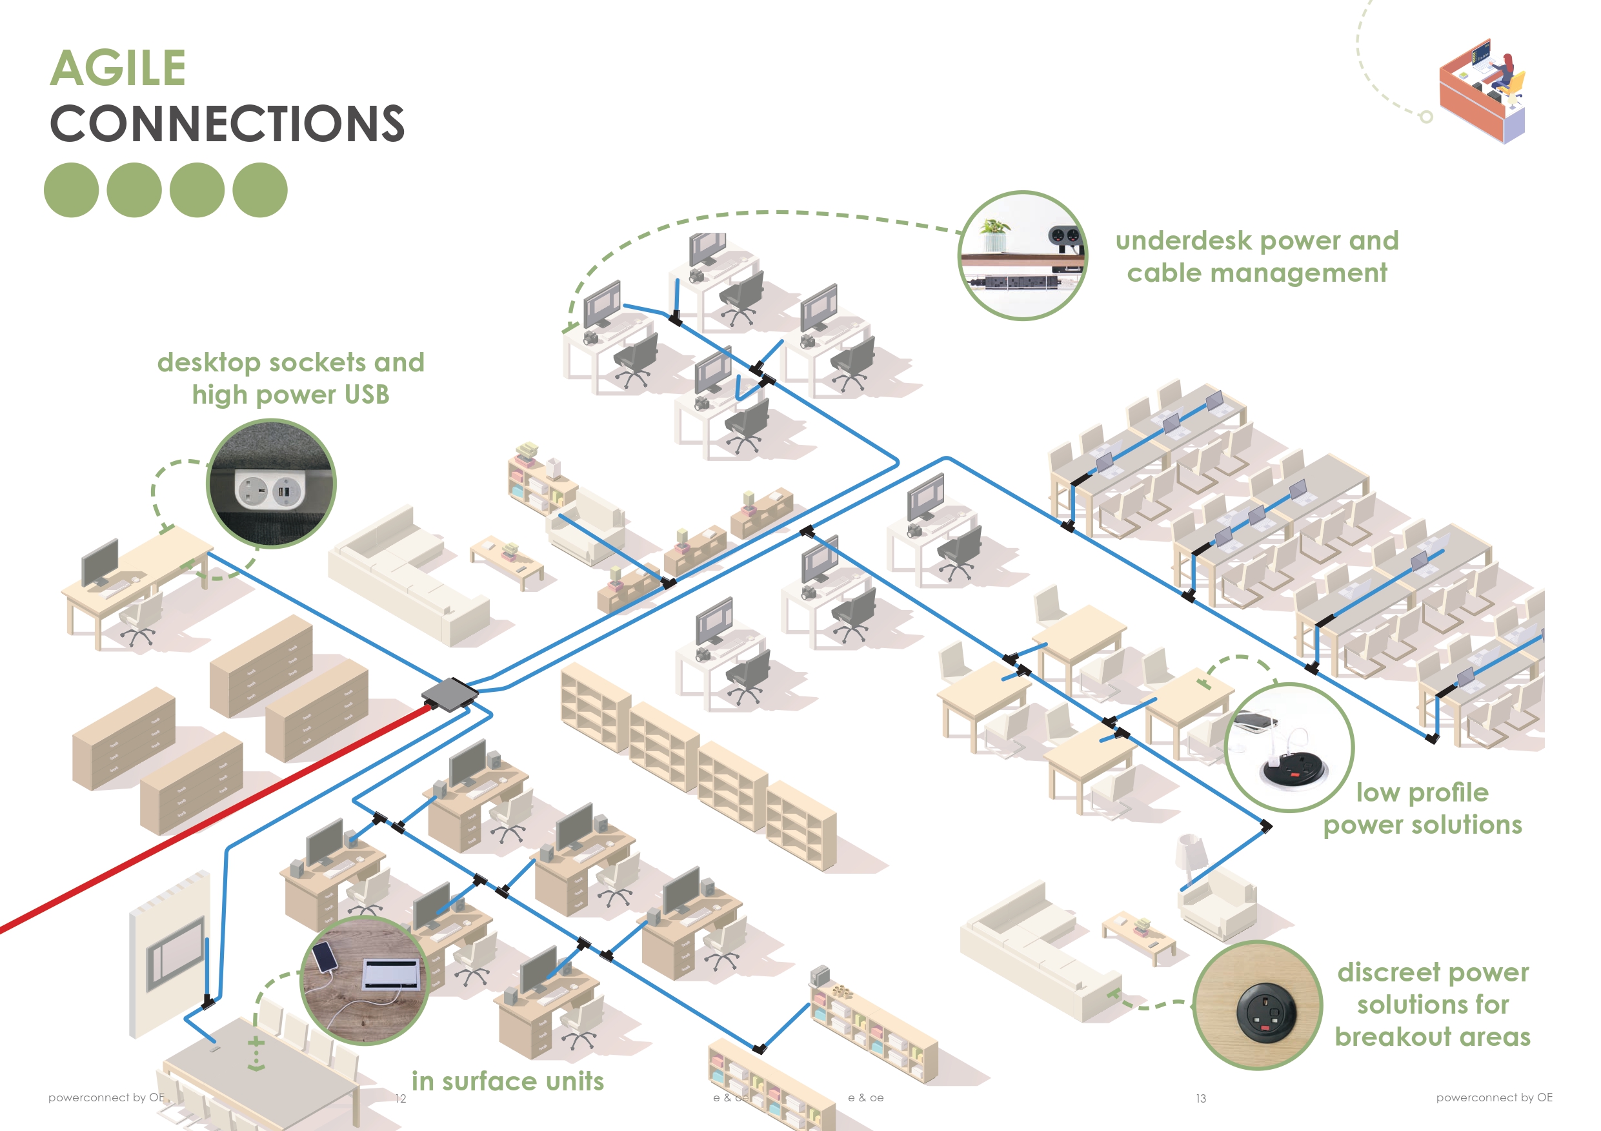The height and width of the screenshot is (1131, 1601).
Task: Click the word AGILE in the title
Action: pyautogui.click(x=118, y=68)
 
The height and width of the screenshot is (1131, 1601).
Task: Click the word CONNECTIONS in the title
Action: pyautogui.click(x=227, y=124)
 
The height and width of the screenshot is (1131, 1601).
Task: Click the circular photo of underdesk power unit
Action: pyautogui.click(x=1022, y=256)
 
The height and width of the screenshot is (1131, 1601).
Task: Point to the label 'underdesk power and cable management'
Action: pyautogui.click(x=1256, y=257)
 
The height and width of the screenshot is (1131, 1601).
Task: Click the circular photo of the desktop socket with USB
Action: pyautogui.click(x=271, y=484)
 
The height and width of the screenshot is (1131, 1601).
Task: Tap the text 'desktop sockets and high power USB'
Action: pyautogui.click(x=290, y=379)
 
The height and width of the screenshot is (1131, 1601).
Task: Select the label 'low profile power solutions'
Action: pyautogui.click(x=1422, y=809)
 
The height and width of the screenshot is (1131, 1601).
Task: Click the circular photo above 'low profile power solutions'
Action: pyautogui.click(x=1289, y=747)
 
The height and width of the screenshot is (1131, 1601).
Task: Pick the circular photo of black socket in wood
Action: pyautogui.click(x=1257, y=1005)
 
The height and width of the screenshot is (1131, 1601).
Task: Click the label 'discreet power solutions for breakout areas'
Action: pyautogui.click(x=1433, y=1004)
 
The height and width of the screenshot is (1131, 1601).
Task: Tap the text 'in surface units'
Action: pyautogui.click(x=508, y=1081)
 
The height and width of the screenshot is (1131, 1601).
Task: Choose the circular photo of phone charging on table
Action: pyautogui.click(x=364, y=979)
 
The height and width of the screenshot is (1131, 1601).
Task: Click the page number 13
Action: pyautogui.click(x=1201, y=1098)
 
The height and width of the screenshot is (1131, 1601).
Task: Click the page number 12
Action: pyautogui.click(x=400, y=1099)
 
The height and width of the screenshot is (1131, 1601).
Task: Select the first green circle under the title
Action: pyautogui.click(x=71, y=190)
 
